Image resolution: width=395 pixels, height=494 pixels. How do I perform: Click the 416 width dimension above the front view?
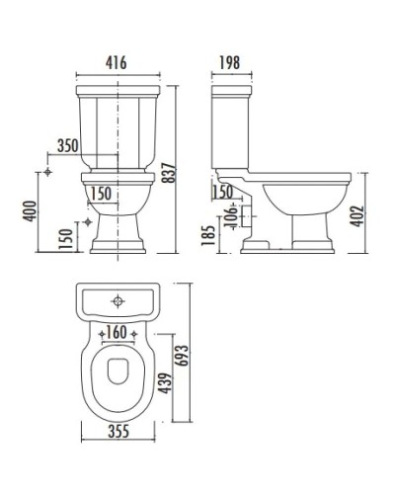pyautogui.click(x=117, y=62)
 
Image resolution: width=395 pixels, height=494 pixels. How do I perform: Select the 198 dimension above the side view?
pyautogui.click(x=229, y=62)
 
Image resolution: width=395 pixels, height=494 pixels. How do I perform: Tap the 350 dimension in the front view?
pyautogui.click(x=67, y=145)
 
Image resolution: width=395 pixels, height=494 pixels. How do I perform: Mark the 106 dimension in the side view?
pyautogui.click(x=230, y=214)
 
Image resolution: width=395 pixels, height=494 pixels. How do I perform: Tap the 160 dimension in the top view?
pyautogui.click(x=117, y=332)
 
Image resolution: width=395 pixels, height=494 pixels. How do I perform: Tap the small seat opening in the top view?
pyautogui.click(x=117, y=377)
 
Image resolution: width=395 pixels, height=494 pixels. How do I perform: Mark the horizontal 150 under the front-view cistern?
pyautogui.click(x=100, y=191)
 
